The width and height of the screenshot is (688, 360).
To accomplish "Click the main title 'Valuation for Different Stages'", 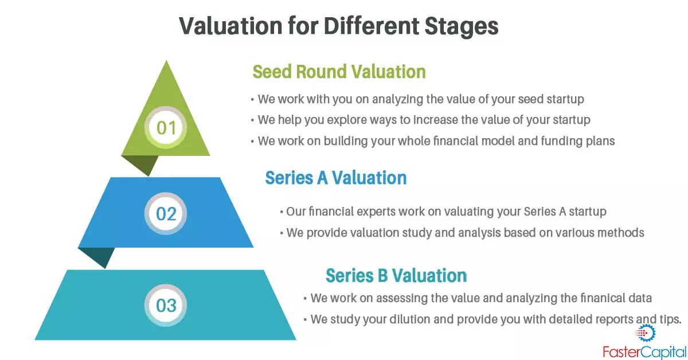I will (x=338, y=26).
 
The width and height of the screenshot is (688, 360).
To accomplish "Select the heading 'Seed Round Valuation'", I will (x=339, y=72).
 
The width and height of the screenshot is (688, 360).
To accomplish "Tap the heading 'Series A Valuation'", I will (x=335, y=178).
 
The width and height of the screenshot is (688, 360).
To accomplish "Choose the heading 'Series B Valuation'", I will (x=396, y=275).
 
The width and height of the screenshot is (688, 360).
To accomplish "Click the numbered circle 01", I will (x=166, y=127).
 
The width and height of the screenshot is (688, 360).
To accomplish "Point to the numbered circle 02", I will (x=166, y=214).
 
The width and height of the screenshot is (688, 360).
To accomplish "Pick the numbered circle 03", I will (x=166, y=305).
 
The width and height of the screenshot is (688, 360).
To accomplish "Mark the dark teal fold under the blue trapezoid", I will (x=96, y=257).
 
